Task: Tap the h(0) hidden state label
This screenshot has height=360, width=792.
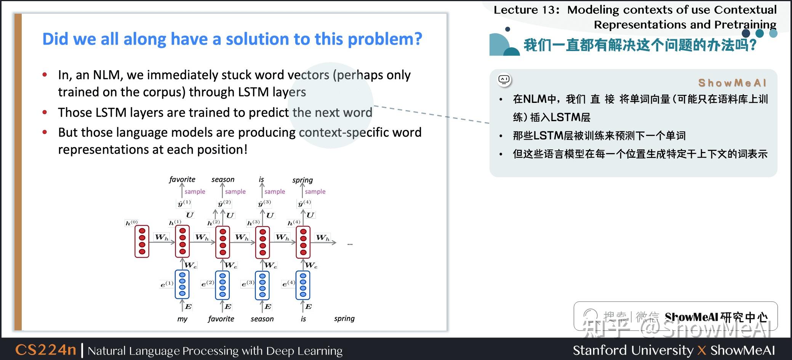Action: pyautogui.click(x=131, y=222)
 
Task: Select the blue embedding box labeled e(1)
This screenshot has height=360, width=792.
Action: pyautogui.click(x=182, y=284)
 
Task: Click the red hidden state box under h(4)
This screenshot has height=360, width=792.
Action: pyautogui.click(x=303, y=242)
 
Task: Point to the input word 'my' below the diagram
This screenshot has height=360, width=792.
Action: pyautogui.click(x=182, y=319)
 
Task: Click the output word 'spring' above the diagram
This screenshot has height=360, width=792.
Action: pyautogui.click(x=302, y=180)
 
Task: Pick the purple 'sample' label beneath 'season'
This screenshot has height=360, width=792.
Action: pyautogui.click(x=235, y=192)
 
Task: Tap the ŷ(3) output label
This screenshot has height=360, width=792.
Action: pyautogui.click(x=264, y=203)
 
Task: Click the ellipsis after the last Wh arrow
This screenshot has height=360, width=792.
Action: pyautogui.click(x=350, y=244)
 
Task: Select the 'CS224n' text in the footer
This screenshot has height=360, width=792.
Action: pyautogui.click(x=46, y=350)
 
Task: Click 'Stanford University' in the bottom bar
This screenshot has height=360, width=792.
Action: pyautogui.click(x=633, y=350)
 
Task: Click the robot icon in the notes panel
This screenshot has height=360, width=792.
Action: pyautogui.click(x=504, y=80)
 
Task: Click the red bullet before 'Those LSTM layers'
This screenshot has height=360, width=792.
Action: pyautogui.click(x=45, y=112)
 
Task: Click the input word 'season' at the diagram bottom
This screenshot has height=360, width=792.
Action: pyautogui.click(x=262, y=319)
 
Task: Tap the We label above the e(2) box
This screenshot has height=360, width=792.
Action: pyautogui.click(x=230, y=265)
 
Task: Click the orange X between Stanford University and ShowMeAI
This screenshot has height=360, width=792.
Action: pyautogui.click(x=702, y=350)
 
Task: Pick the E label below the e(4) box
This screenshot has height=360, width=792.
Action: pyautogui.click(x=309, y=306)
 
